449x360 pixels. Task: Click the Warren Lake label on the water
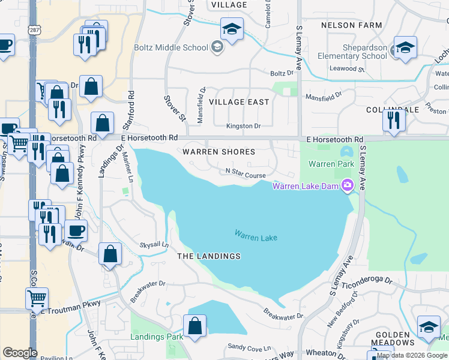coord(256,237)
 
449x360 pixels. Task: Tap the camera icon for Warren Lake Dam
coord(346,185)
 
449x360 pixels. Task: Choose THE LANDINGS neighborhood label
coord(209,256)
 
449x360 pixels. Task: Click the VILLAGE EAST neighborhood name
coord(238,102)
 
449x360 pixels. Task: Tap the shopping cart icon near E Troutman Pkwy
coord(37,298)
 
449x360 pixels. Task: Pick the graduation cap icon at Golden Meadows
coord(428,327)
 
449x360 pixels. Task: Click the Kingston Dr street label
coord(243,126)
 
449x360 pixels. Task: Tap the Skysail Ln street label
coord(154,245)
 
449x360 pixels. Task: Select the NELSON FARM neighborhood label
coord(352,25)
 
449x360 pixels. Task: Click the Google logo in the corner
coord(20,353)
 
